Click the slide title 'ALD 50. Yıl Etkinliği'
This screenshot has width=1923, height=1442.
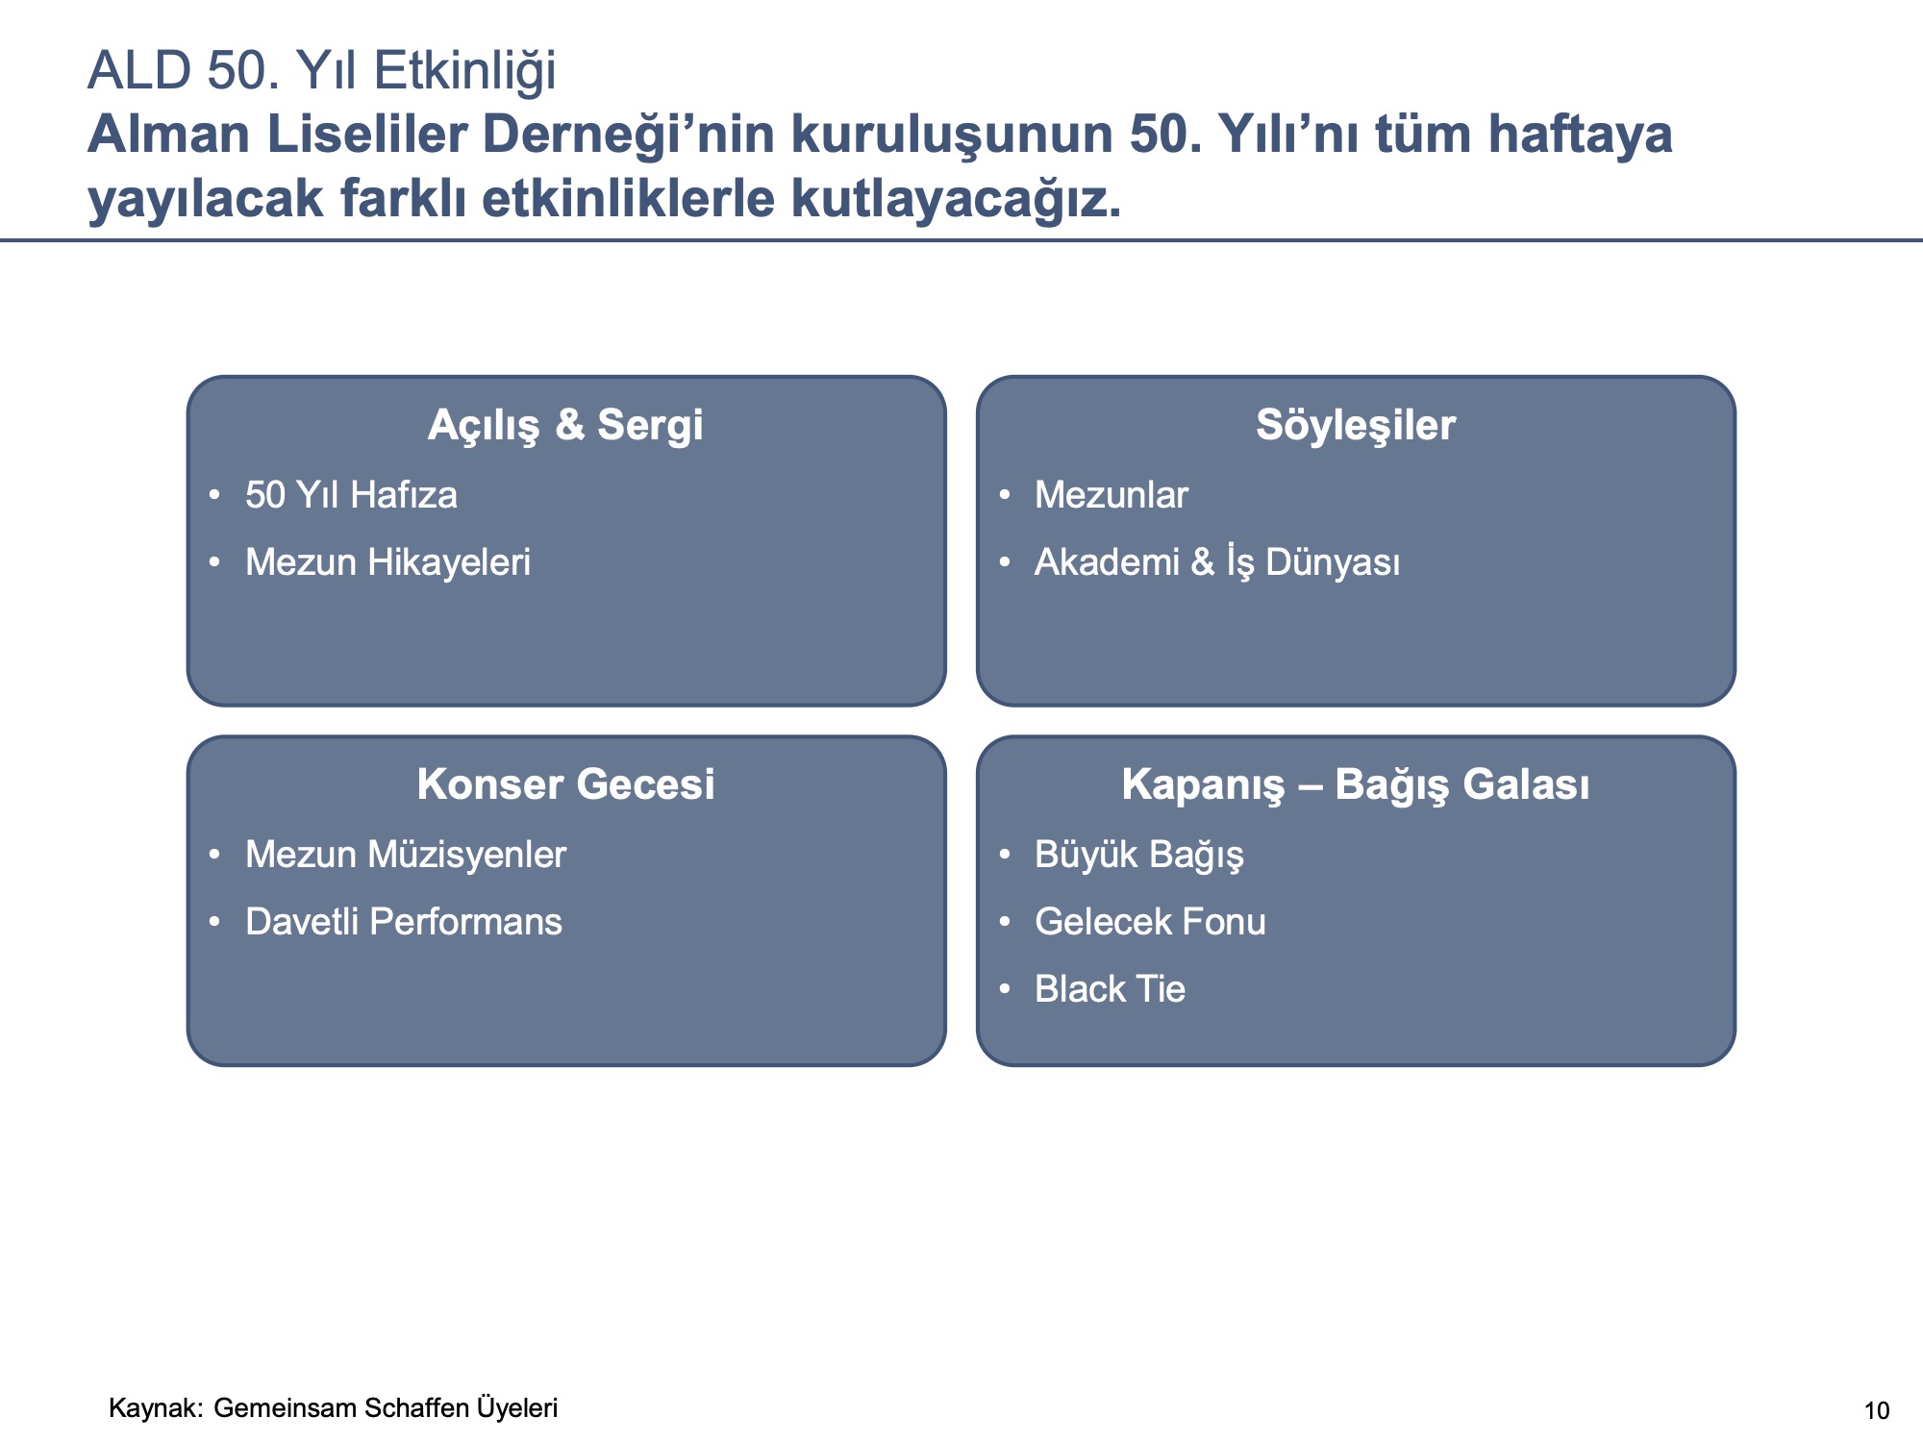click(321, 71)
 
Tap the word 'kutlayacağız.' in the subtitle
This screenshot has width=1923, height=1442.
click(956, 199)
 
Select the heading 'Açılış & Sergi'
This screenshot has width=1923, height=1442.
click(565, 425)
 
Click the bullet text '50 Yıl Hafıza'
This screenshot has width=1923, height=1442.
click(351, 495)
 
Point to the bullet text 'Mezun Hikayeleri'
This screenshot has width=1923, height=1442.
click(387, 562)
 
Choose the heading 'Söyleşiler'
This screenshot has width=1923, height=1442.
click(1356, 425)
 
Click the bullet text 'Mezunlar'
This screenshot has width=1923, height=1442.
click(1111, 495)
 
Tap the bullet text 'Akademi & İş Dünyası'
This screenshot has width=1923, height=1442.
click(1217, 562)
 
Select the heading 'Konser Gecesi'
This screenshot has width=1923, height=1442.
click(565, 784)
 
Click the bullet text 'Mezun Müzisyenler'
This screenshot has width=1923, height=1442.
click(406, 855)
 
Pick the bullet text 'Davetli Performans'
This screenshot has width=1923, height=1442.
click(404, 922)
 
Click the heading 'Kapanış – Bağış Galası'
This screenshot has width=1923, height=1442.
click(1356, 785)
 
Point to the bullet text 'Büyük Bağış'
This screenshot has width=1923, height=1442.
click(1139, 855)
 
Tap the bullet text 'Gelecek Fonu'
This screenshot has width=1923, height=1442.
click(1150, 922)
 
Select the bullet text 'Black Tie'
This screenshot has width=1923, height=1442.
click(1110, 989)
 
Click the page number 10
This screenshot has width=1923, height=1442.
click(1877, 1411)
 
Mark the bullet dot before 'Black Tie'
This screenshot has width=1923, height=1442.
click(1005, 989)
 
